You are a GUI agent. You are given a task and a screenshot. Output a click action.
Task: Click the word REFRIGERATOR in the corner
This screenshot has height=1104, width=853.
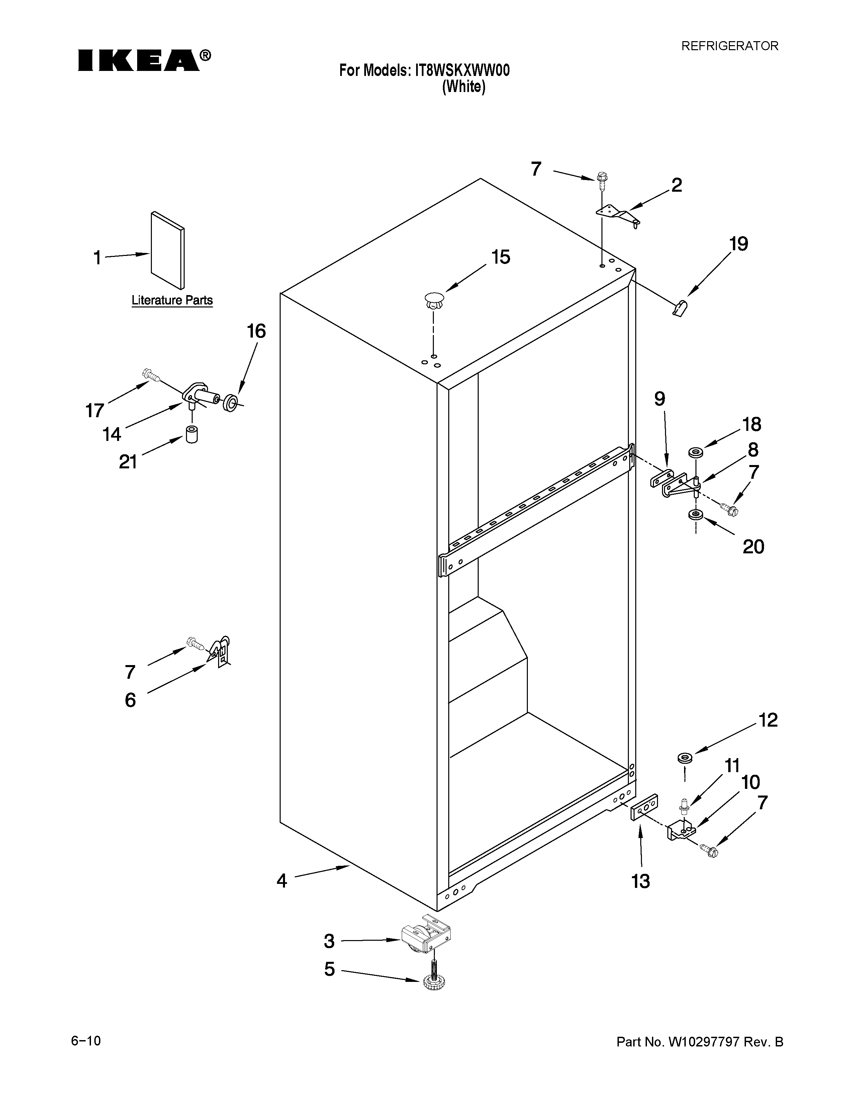click(730, 46)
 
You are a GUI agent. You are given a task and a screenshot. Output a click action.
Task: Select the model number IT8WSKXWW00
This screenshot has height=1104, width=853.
click(462, 70)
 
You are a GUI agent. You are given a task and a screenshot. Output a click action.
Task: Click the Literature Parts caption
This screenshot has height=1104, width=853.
click(172, 300)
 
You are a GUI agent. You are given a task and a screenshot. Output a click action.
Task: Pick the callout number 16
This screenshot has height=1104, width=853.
click(256, 332)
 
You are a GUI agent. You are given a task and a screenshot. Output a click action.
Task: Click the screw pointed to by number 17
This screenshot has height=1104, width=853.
click(151, 375)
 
